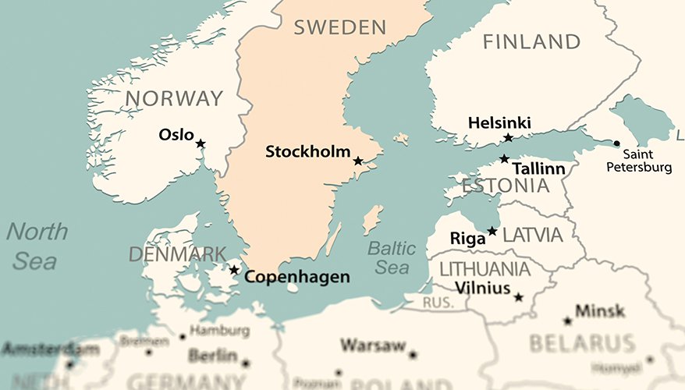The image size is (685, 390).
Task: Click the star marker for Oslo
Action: [201, 144]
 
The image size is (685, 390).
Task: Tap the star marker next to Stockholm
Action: [358, 161]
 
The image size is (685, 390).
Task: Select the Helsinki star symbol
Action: [508, 138]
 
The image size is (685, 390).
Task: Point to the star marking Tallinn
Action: [505, 159]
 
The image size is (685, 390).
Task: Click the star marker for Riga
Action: [492, 231]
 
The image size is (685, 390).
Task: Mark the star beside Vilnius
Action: [518, 296]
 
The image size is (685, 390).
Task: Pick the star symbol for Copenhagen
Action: [234, 270]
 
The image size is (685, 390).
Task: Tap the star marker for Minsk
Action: [567, 321]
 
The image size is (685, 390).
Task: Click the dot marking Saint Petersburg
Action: [616, 144]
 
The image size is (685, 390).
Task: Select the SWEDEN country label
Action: [339, 28]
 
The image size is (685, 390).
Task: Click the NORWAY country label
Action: [174, 98]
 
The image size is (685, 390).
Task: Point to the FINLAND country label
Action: [532, 41]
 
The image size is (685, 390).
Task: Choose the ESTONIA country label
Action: [505, 186]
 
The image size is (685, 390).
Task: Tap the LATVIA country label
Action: [532, 235]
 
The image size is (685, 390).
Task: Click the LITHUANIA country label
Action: [484, 269]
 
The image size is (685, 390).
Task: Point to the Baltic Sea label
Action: [392, 258]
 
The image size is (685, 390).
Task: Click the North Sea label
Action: [36, 246]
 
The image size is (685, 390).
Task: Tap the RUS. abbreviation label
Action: [438, 302]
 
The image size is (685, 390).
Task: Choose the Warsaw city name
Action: [372, 345]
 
